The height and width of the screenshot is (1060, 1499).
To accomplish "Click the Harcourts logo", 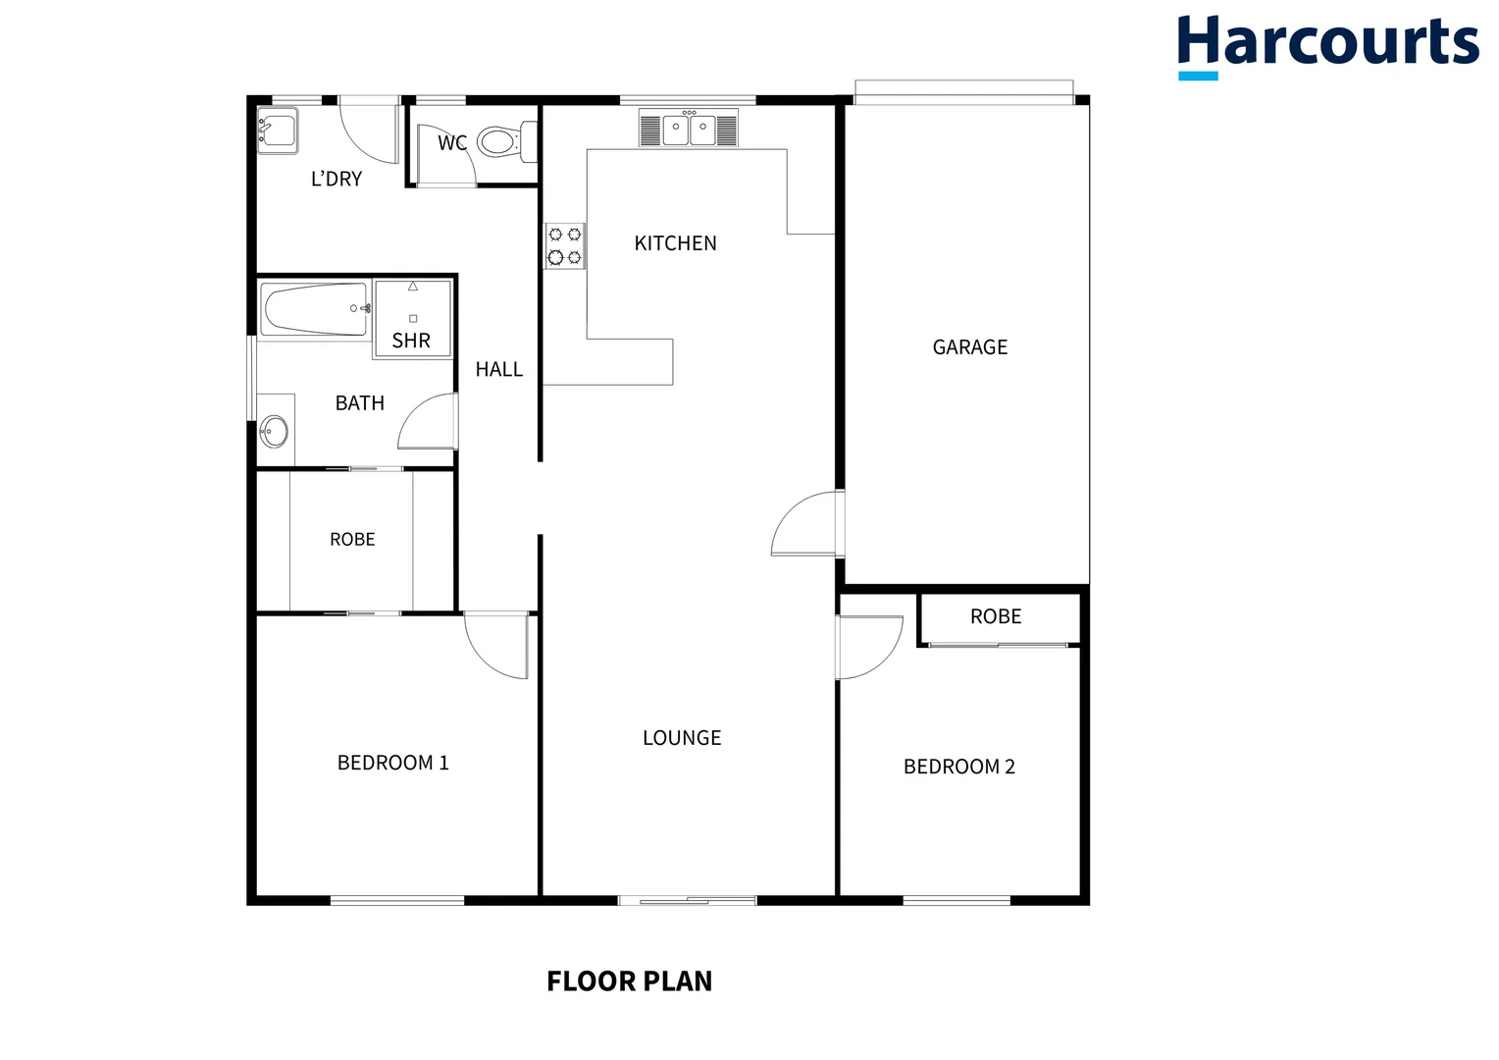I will (x=1327, y=44).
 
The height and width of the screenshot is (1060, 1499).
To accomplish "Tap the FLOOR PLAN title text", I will (x=629, y=980).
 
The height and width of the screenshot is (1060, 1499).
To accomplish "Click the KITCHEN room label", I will (x=675, y=243).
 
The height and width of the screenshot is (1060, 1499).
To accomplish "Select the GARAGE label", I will (x=969, y=347).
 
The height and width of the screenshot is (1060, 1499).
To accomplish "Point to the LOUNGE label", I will (x=682, y=738).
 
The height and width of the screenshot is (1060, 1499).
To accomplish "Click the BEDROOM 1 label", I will (x=392, y=763).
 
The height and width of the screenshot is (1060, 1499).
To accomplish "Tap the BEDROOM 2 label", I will (x=958, y=767).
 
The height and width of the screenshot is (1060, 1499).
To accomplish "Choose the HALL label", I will (x=498, y=369).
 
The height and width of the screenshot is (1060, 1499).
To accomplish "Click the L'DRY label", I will (x=336, y=179).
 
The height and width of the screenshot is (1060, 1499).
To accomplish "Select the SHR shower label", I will (x=411, y=341).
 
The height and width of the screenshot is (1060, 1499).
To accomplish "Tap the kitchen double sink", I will (x=689, y=129).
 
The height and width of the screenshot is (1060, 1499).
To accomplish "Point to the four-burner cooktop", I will (x=564, y=246).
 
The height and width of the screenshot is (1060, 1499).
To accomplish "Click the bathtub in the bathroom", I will (x=315, y=308).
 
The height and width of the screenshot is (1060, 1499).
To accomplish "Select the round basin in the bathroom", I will (x=274, y=431).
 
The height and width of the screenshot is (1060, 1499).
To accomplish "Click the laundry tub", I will (x=277, y=130).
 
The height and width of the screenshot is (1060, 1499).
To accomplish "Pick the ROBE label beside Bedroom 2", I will (x=996, y=616).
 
